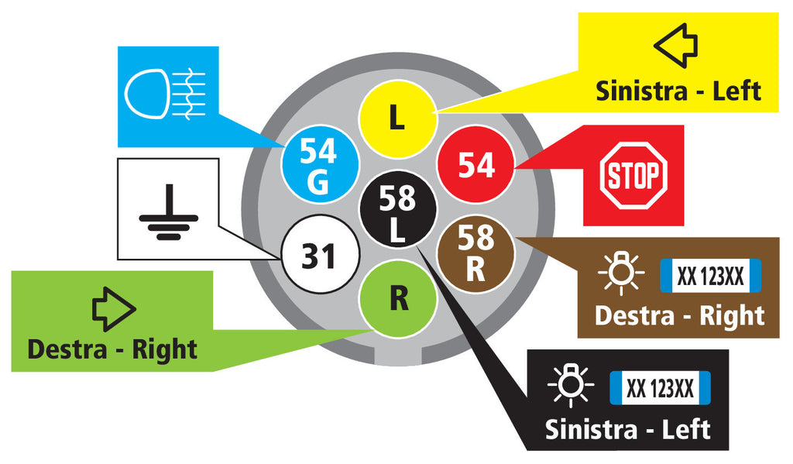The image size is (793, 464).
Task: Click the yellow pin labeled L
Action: tap(397, 119)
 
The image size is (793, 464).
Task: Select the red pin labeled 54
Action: tap(475, 164)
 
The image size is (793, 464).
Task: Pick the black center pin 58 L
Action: tap(397, 209)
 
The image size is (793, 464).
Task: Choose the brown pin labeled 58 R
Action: tap(475, 254)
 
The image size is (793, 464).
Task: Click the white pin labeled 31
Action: tap(320, 255)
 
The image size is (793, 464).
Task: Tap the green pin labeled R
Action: tap(397, 298)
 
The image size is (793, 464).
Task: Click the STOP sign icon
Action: tap(633, 176)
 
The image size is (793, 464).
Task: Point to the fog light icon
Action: tap(165, 94)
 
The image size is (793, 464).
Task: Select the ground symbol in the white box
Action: tap(168, 212)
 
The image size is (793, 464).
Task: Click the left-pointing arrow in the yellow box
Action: tap(675, 46)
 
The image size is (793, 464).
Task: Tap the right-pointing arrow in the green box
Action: tap(114, 309)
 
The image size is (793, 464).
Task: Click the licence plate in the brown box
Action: tap(710, 276)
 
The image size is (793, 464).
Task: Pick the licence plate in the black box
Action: tap(660, 388)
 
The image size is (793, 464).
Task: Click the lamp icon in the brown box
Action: tap(620, 272)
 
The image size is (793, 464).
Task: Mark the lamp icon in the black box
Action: tap(571, 384)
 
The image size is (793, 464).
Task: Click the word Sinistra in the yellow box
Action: tap(642, 91)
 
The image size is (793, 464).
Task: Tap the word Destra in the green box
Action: tap(68, 349)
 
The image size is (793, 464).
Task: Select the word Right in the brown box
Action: tap(732, 317)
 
